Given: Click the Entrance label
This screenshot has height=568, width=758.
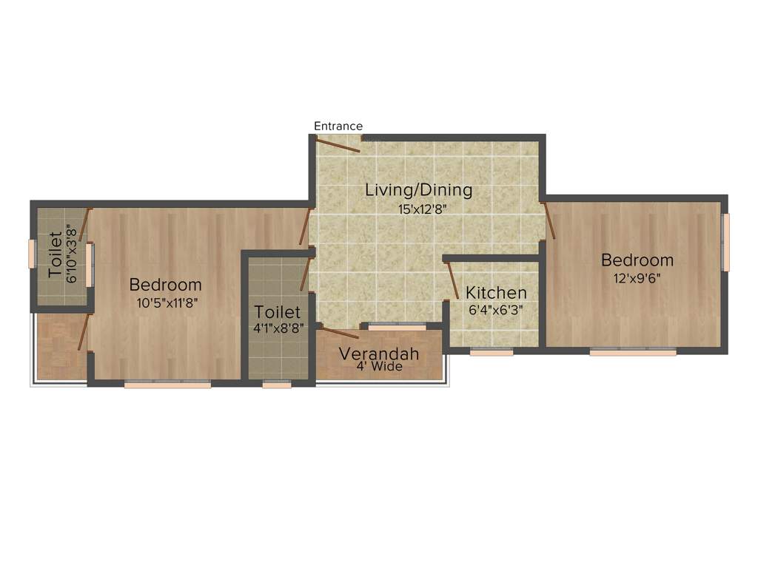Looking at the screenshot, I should tap(338, 126).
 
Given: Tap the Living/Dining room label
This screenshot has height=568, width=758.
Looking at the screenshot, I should tap(418, 190).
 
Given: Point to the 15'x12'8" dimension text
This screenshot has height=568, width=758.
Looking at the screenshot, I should tap(422, 209).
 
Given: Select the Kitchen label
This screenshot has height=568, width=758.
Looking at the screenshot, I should tap(496, 293).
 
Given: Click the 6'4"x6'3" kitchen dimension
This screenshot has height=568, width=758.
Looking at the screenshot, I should tap(496, 310).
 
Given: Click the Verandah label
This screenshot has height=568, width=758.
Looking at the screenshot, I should tap(379, 354).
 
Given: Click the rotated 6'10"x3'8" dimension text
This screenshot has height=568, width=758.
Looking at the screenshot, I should tap(72, 255).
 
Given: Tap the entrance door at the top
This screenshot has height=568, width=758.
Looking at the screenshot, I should tap(338, 145).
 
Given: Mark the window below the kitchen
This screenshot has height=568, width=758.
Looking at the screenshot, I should tap(492, 353).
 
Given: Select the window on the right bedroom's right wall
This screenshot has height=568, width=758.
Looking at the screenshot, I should tap(726, 242).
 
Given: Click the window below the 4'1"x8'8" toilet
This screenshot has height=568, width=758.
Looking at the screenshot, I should tap(277, 385).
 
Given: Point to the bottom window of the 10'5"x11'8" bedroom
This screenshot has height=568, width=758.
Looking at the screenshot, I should tap(167, 385).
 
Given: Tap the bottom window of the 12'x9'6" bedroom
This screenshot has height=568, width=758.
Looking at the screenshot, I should tap(633, 352).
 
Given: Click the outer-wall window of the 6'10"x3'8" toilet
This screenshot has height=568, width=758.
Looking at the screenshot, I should tap(32, 254).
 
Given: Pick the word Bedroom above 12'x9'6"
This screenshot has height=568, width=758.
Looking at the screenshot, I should tap(637, 260).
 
